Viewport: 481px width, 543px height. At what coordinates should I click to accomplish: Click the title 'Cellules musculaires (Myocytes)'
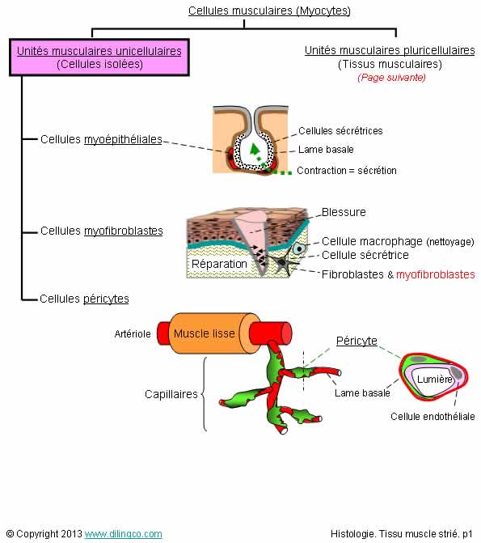tap(269, 11)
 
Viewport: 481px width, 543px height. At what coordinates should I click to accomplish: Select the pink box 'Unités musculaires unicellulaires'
tap(99, 57)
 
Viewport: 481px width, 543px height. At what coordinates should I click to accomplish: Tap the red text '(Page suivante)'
tap(391, 77)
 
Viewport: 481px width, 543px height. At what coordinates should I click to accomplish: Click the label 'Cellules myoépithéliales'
tap(101, 139)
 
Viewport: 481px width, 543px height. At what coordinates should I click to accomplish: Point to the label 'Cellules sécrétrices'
tap(340, 130)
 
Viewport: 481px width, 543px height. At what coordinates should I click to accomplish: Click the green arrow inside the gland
tap(255, 149)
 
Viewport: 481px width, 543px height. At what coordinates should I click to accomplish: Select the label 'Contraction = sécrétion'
tap(347, 171)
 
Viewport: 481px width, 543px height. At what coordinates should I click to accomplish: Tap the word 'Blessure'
tap(344, 212)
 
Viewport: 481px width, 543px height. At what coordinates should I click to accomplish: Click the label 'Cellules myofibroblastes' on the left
tap(101, 231)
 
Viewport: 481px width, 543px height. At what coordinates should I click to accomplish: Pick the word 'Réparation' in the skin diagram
tap(219, 264)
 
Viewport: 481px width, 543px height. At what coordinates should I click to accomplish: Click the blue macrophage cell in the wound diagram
tap(299, 248)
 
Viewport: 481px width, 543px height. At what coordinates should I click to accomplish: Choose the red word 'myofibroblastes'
tap(435, 274)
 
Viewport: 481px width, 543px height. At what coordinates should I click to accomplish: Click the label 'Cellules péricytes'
tap(84, 299)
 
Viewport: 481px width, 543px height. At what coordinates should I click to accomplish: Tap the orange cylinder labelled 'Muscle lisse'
tap(209, 333)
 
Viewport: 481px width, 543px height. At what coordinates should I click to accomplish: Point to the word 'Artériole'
tap(133, 334)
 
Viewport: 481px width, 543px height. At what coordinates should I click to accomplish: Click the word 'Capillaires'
tap(171, 394)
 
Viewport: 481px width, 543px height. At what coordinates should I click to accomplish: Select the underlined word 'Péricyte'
tap(357, 341)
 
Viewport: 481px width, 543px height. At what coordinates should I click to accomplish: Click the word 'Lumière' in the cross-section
tap(435, 380)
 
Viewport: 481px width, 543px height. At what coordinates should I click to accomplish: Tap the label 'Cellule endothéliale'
tap(432, 416)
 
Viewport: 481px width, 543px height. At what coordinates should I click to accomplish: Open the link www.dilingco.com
tap(123, 534)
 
